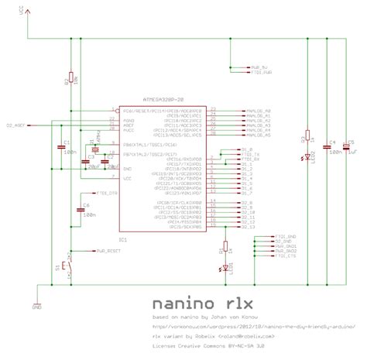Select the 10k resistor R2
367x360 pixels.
coord(70,77)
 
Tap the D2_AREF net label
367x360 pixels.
coord(17,124)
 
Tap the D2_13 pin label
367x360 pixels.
coord(248,231)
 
